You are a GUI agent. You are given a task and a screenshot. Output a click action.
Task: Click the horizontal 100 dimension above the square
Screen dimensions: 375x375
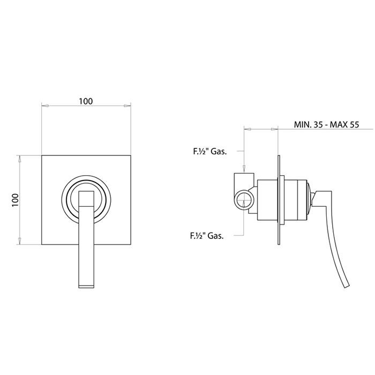86,101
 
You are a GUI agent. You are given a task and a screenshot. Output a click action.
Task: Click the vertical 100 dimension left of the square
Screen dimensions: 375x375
15,200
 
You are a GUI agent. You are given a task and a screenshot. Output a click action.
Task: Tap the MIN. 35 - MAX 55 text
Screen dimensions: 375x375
326,125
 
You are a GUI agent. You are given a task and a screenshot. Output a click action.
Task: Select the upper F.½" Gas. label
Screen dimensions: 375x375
210,152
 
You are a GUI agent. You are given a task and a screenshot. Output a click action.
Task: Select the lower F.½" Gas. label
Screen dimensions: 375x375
207,236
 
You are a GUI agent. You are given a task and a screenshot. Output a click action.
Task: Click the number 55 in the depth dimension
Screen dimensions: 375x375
355,125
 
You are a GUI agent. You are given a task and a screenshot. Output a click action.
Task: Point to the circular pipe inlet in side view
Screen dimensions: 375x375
244,200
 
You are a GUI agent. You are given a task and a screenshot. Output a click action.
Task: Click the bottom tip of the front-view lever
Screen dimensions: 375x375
86,288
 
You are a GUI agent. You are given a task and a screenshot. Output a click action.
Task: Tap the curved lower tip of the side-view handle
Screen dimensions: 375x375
347,286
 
